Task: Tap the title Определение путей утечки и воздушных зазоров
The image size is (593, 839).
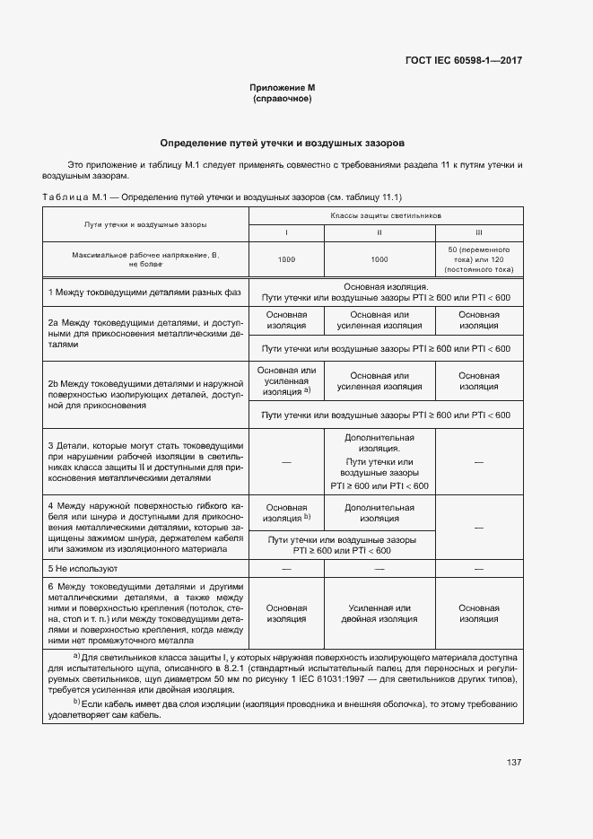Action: (x=282, y=143)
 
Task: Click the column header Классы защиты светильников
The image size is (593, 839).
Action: (x=385, y=216)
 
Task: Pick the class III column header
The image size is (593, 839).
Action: (x=478, y=232)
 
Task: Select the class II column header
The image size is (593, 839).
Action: (x=379, y=232)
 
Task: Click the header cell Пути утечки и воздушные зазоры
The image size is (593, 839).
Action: (x=145, y=223)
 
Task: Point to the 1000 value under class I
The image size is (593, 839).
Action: (x=286, y=259)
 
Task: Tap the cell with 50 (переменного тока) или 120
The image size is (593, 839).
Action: (x=478, y=258)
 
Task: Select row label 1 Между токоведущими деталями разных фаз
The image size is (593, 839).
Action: (x=145, y=293)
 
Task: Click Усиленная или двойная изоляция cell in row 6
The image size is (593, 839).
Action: (x=379, y=614)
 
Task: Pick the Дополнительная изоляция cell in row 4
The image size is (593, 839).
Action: (x=379, y=513)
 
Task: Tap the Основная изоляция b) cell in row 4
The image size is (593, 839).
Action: (x=286, y=512)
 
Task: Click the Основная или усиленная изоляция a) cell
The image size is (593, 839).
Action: (x=286, y=381)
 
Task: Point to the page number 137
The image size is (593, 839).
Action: (x=514, y=763)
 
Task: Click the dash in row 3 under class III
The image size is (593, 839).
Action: (x=478, y=461)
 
